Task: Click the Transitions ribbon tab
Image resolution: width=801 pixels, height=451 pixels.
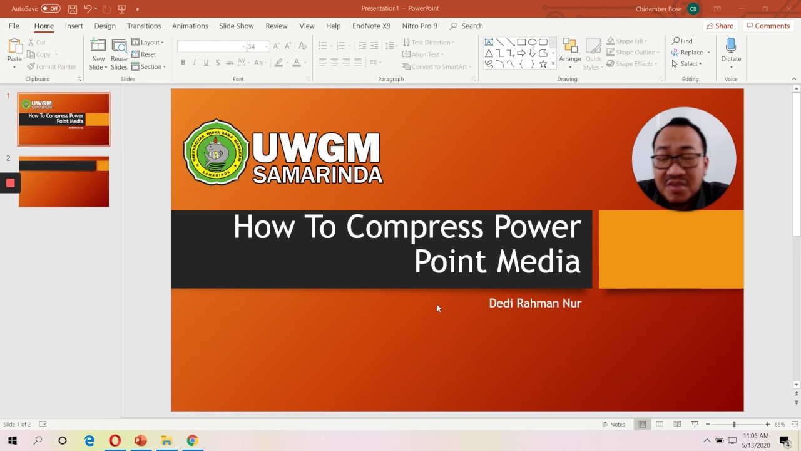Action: tap(144, 26)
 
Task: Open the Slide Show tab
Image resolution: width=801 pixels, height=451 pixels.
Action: tap(236, 26)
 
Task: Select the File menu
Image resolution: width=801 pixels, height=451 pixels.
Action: tap(14, 26)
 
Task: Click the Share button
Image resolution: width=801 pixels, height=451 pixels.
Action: tap(720, 26)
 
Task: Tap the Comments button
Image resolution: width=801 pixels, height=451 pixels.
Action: tap(767, 26)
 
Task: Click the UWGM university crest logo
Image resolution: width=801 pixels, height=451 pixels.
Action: tap(216, 152)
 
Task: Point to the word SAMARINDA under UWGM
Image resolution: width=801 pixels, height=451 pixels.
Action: tap(317, 175)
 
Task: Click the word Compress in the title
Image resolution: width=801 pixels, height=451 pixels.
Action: tap(414, 227)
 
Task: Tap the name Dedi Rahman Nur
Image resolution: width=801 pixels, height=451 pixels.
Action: tap(535, 303)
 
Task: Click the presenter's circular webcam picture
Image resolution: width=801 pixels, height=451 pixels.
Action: tap(684, 159)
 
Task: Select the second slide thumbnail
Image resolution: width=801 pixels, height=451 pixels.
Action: tap(64, 182)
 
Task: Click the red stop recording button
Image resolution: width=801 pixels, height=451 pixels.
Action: tap(10, 183)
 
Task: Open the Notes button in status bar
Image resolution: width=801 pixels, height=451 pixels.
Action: tap(613, 424)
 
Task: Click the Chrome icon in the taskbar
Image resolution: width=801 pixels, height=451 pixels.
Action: tap(192, 440)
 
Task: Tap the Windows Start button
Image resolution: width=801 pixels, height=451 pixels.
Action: tap(13, 440)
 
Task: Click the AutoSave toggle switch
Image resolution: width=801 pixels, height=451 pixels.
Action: tap(51, 8)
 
